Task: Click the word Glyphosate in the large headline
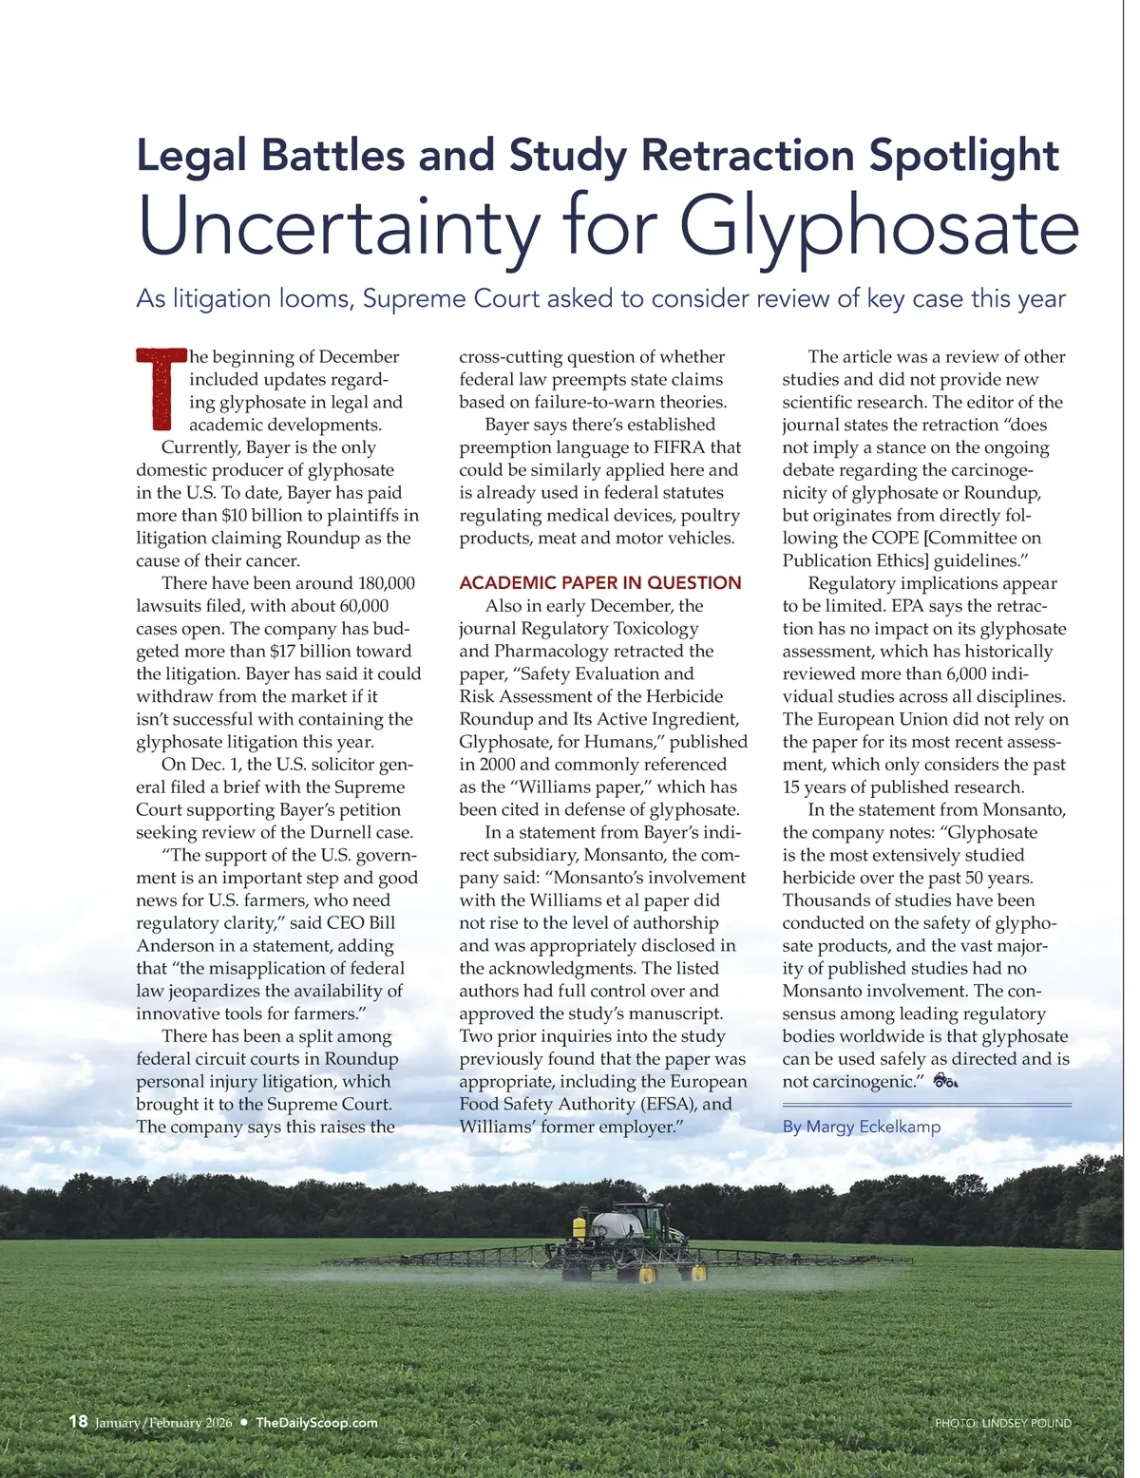(x=879, y=228)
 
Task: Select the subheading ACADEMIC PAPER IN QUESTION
(x=599, y=583)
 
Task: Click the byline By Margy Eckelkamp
(x=862, y=1127)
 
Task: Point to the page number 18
(x=78, y=1421)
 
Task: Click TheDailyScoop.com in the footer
(x=316, y=1422)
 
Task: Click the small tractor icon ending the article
(x=945, y=1081)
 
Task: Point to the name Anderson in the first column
(x=175, y=945)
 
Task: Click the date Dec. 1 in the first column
(x=215, y=765)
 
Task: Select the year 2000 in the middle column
(x=498, y=765)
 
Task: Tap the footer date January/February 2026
(x=163, y=1423)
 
